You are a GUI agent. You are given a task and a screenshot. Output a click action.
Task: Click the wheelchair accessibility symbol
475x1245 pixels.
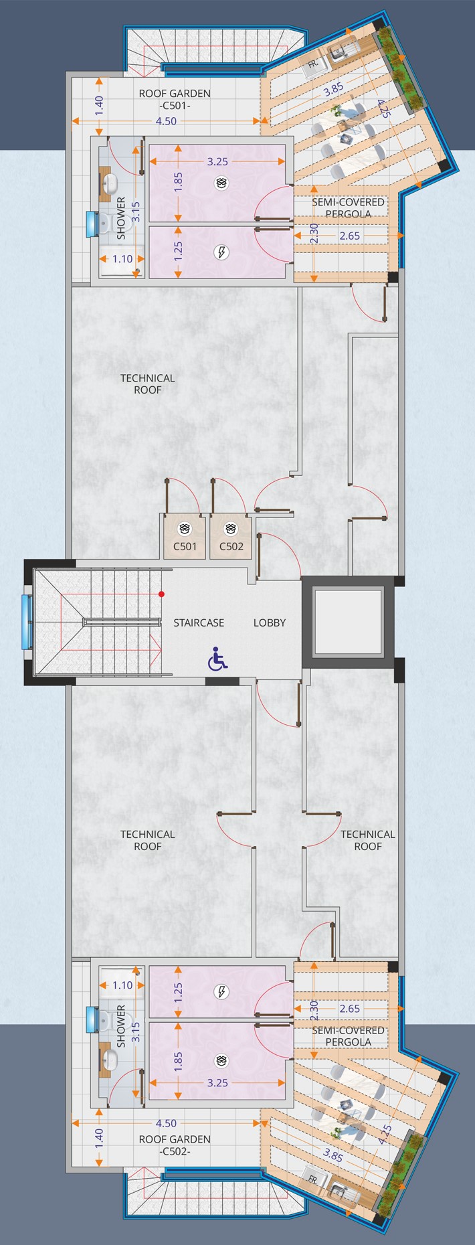click(217, 659)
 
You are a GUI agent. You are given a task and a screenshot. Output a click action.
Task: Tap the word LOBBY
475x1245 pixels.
click(270, 622)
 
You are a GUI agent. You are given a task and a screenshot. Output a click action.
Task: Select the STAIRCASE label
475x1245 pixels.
click(199, 622)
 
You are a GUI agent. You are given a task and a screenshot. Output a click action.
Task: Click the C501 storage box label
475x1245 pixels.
click(185, 546)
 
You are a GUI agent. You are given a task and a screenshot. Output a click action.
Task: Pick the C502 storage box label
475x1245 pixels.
click(231, 546)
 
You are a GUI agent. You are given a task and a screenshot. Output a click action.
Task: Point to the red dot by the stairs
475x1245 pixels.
click(161, 594)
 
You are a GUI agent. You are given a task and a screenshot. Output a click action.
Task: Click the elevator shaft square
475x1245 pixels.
click(348, 622)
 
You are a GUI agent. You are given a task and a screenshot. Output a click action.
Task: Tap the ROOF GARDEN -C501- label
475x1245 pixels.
click(175, 100)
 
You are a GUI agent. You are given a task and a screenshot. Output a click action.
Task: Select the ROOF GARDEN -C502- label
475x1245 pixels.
click(175, 1145)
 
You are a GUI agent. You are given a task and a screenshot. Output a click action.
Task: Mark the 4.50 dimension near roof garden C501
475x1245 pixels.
click(166, 121)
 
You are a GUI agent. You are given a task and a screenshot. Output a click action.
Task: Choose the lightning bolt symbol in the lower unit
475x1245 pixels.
click(221, 991)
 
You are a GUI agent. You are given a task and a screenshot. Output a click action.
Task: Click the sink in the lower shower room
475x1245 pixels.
click(110, 1059)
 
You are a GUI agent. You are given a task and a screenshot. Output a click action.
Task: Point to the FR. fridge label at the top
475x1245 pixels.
click(312, 65)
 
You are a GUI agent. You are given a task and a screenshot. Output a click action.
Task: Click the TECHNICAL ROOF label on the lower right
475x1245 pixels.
click(368, 840)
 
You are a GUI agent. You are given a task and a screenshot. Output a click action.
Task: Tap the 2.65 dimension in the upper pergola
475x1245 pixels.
click(349, 236)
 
